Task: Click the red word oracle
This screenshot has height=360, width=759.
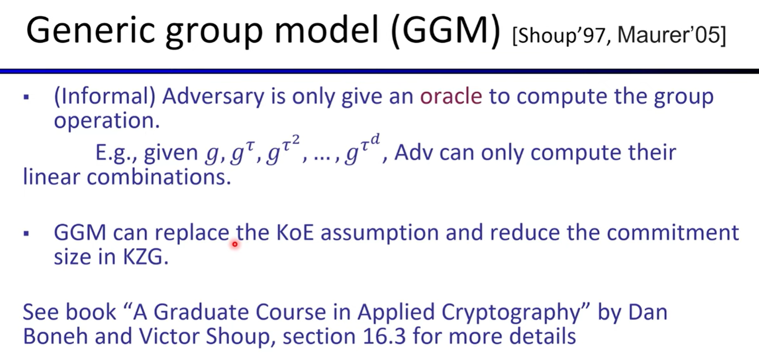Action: (x=451, y=96)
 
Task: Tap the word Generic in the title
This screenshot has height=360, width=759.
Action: (x=91, y=31)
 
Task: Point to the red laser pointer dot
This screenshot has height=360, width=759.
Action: (x=235, y=244)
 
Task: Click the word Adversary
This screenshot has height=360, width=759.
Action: (x=213, y=97)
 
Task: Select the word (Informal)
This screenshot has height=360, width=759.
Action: (x=105, y=97)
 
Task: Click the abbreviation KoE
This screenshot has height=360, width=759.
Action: (x=295, y=233)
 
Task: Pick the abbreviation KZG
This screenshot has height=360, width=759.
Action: (x=145, y=258)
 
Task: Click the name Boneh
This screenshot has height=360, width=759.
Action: (x=55, y=336)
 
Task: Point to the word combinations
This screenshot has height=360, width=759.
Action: (x=159, y=177)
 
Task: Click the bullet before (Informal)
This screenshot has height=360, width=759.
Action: (x=26, y=98)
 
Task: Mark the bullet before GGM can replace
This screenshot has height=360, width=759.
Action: (x=26, y=234)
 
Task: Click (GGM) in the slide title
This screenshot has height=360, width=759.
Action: (x=445, y=31)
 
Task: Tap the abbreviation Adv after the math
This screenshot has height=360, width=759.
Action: (x=414, y=153)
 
